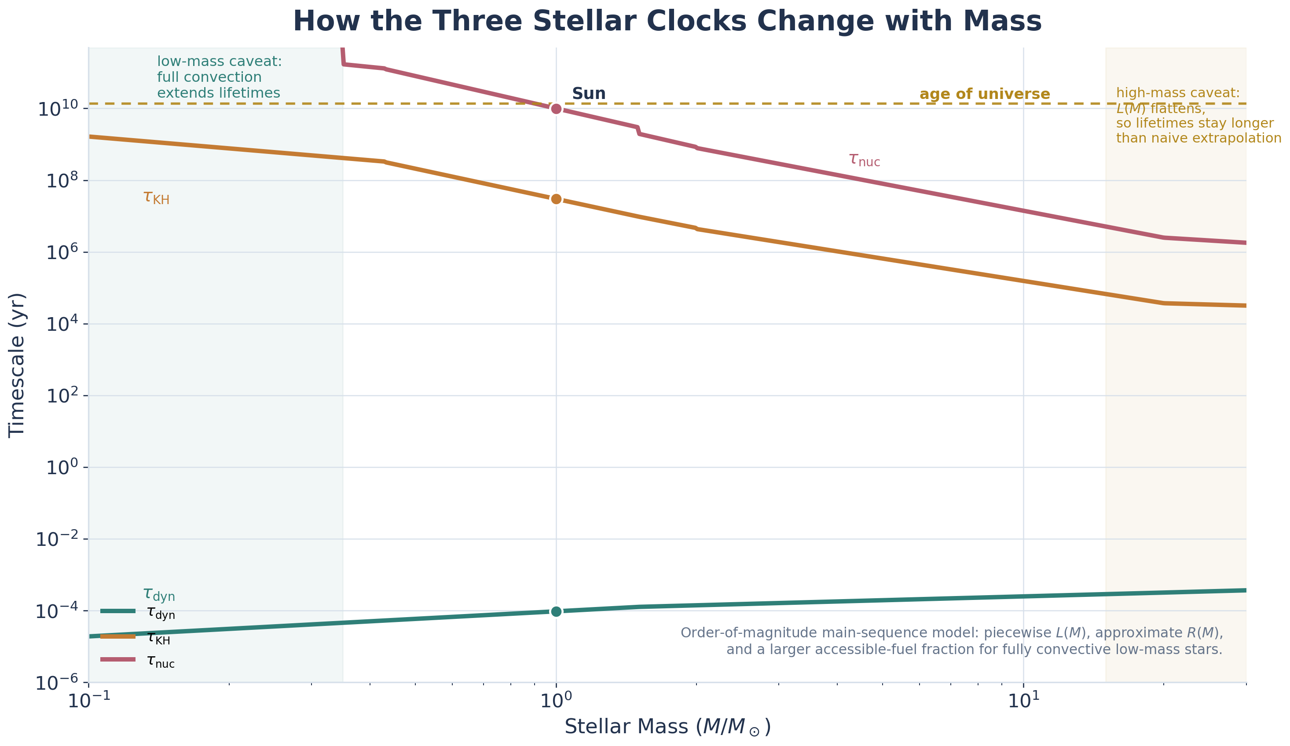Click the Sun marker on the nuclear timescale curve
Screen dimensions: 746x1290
click(x=557, y=109)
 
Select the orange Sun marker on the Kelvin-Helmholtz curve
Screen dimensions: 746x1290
click(x=557, y=199)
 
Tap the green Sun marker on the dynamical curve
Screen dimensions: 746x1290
click(x=557, y=611)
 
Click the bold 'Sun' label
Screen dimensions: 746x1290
click(x=589, y=94)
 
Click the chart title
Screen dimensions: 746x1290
click(x=667, y=22)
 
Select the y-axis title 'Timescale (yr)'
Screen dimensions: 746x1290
click(x=16, y=366)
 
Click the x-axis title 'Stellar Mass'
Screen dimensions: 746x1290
click(x=667, y=727)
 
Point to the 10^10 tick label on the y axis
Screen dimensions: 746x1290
click(x=58, y=109)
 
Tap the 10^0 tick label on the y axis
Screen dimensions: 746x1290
click(x=62, y=468)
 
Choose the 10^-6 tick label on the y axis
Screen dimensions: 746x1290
click(x=56, y=683)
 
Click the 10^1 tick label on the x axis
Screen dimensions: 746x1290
click(x=1023, y=701)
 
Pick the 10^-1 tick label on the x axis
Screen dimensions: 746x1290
click(x=88, y=701)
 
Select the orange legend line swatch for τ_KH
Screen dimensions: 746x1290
click(x=118, y=637)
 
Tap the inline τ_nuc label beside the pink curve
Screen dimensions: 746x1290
click(x=864, y=160)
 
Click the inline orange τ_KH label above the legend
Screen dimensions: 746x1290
click(x=156, y=197)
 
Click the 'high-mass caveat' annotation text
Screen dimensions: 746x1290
click(x=1198, y=116)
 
